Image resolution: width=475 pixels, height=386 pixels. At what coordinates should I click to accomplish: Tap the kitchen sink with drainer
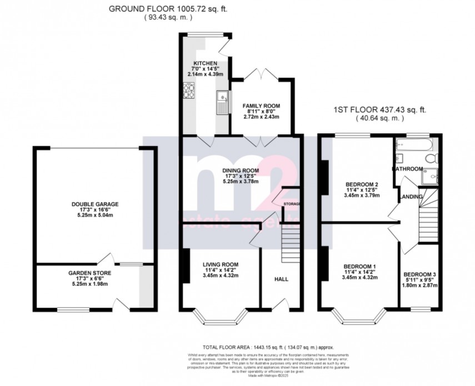(x=223, y=101)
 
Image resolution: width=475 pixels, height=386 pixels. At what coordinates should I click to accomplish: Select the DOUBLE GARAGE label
(x=94, y=204)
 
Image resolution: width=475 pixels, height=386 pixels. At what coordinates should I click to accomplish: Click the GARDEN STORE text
(x=89, y=273)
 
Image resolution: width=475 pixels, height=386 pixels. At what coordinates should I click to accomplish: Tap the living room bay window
(x=219, y=320)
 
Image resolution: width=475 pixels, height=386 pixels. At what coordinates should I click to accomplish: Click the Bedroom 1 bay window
(x=359, y=320)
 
